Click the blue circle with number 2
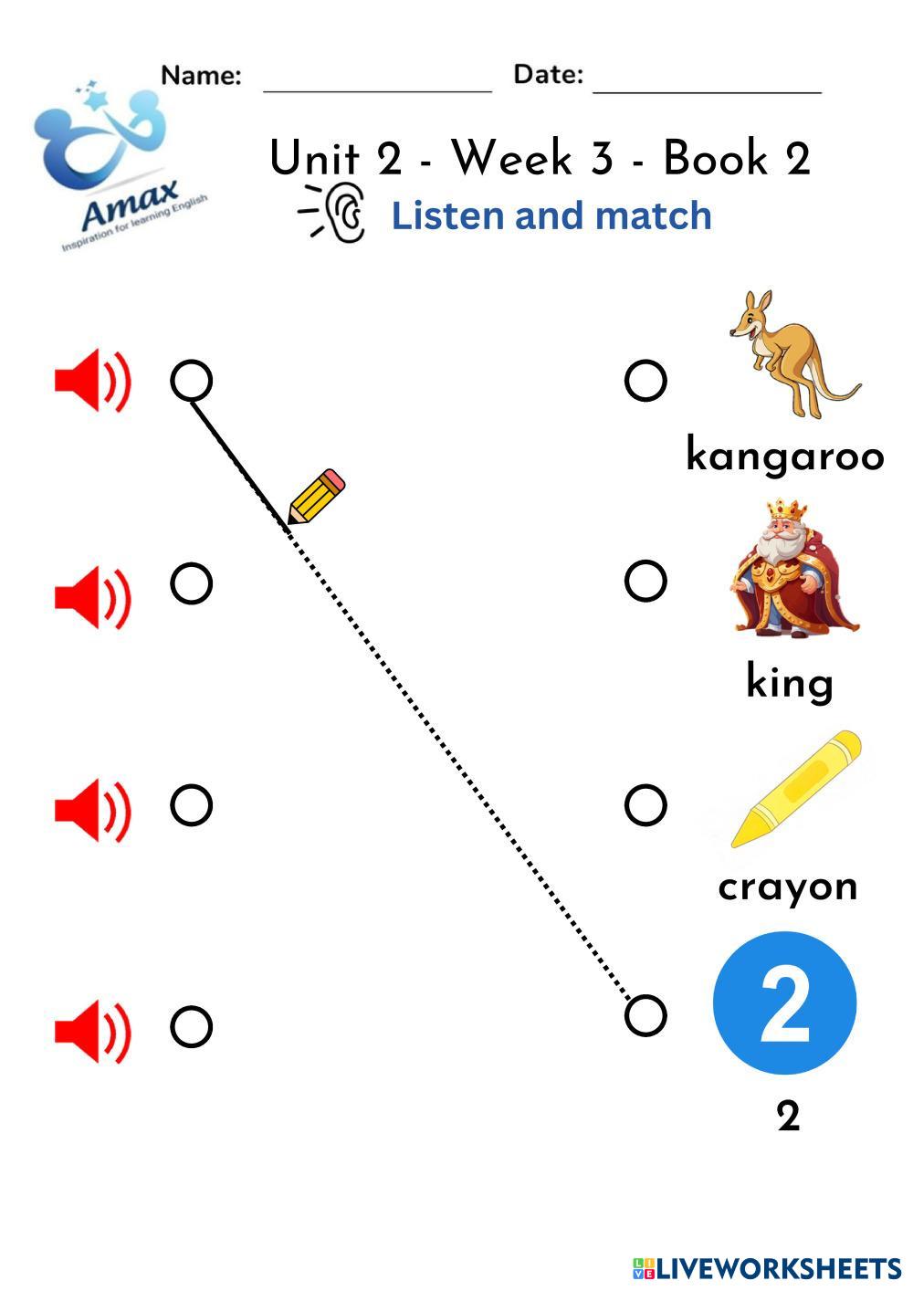[784, 1002]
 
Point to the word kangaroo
[785, 455]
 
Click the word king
[790, 682]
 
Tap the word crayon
[788, 887]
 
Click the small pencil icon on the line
[316, 498]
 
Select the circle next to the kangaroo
[645, 381]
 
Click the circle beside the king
[645, 581]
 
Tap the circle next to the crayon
[645, 804]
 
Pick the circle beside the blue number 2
[645, 1015]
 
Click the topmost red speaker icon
[92, 380]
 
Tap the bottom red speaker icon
[92, 1030]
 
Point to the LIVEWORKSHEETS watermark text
[777, 1268]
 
